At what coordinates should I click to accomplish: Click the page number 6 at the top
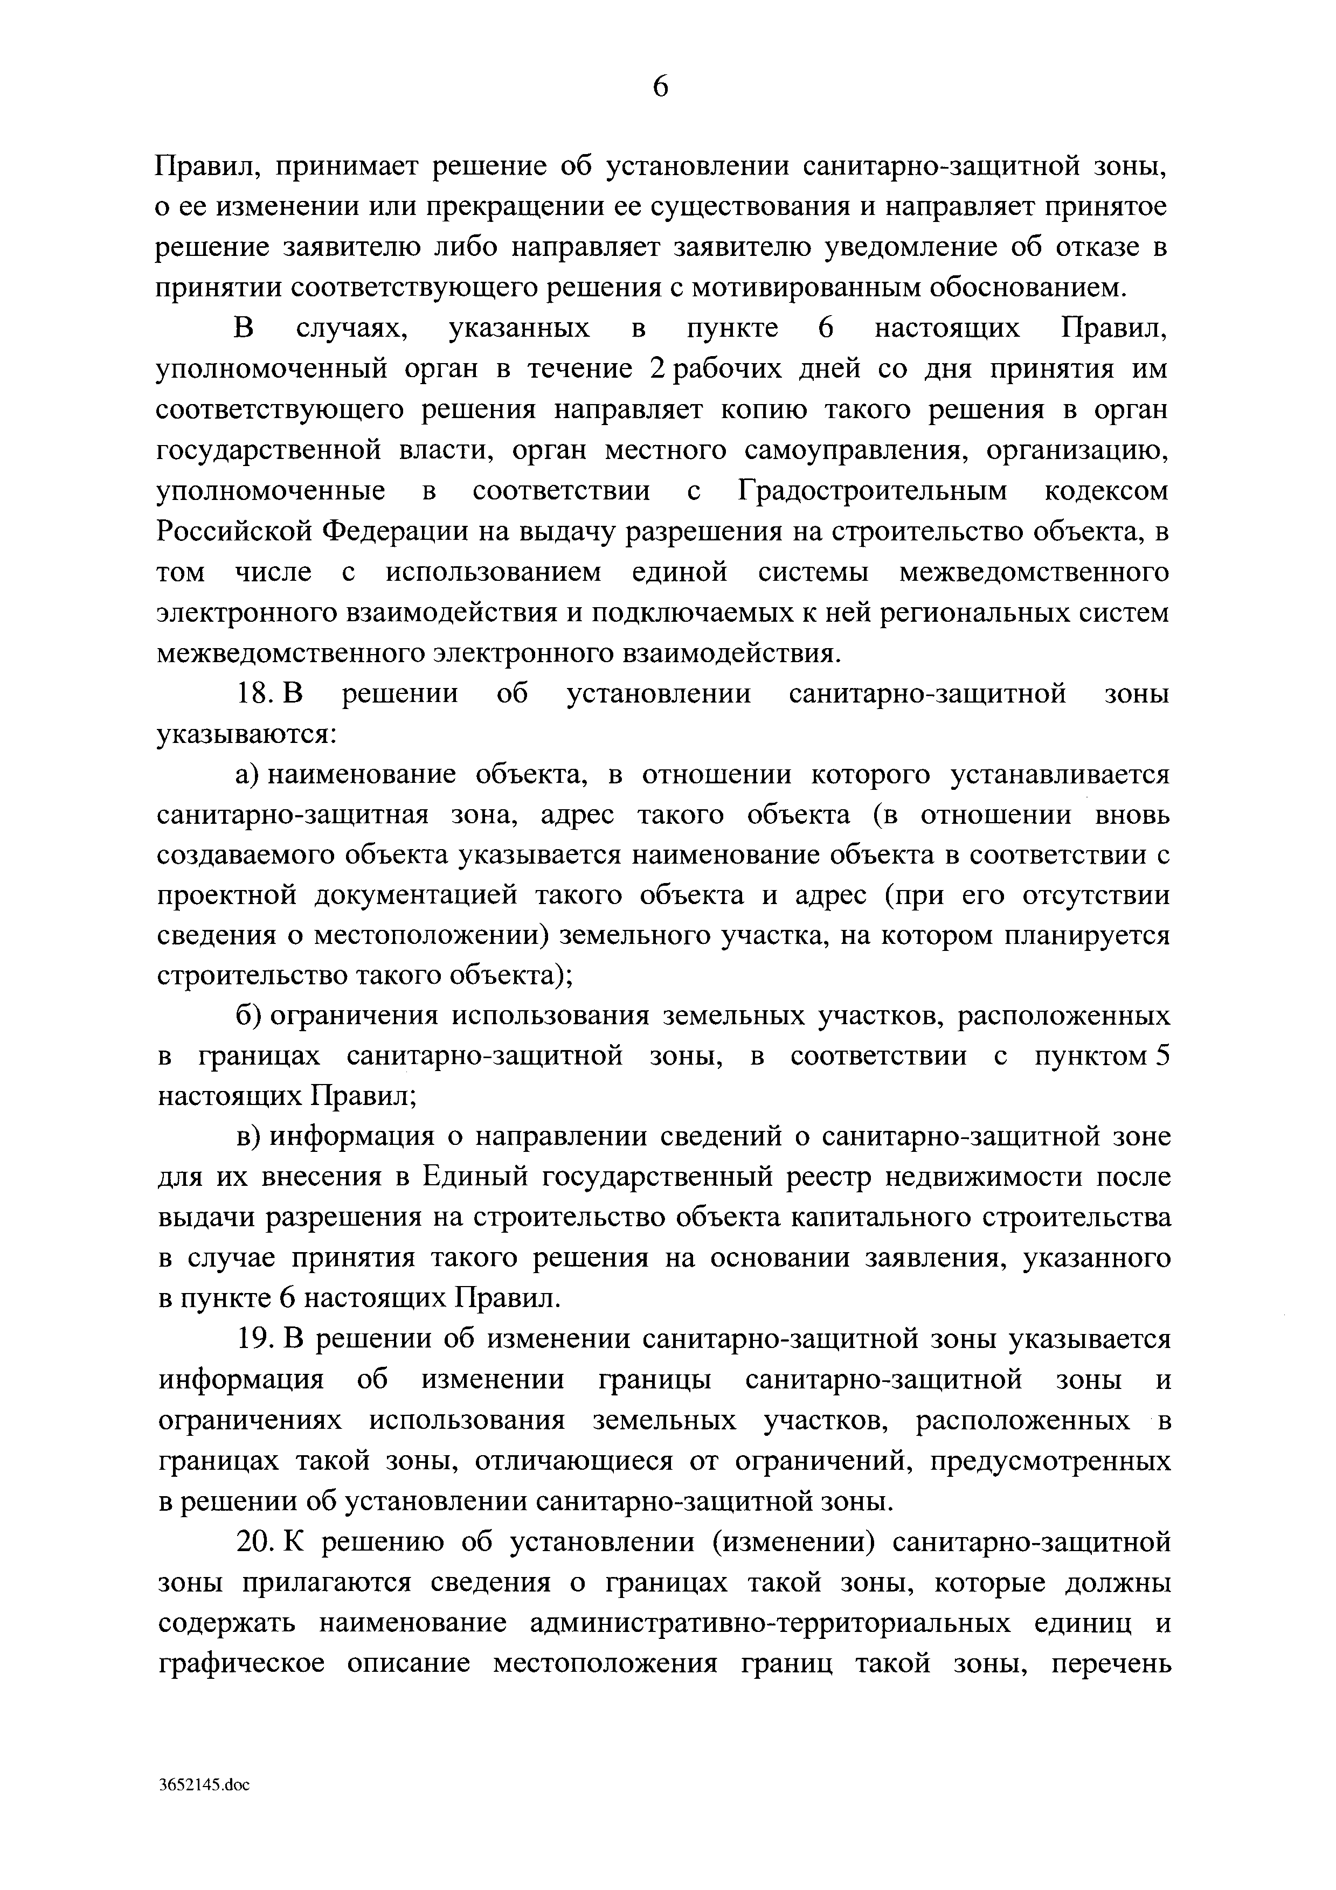pyautogui.click(x=660, y=86)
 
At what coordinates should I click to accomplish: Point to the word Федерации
pyautogui.click(x=398, y=532)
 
